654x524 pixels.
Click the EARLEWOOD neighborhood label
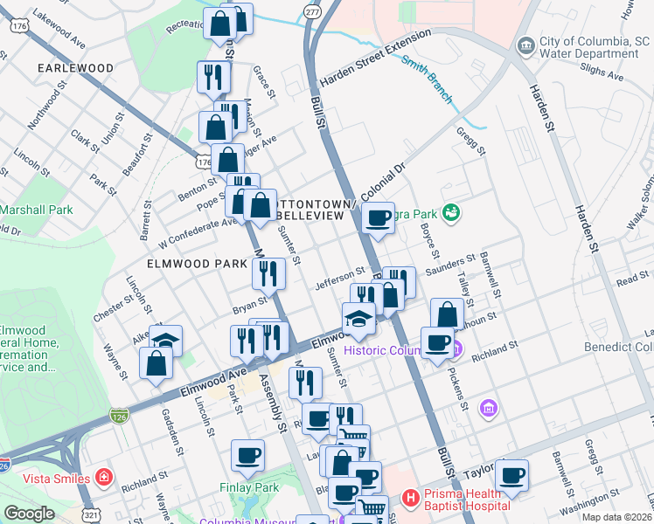point(75,68)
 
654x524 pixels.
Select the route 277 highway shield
point(312,10)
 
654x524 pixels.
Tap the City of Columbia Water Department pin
point(526,45)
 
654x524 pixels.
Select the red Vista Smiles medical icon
point(105,478)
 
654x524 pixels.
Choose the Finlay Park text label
point(248,487)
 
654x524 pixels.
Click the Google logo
point(29,513)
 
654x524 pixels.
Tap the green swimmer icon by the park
point(451,212)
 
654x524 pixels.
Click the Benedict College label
point(618,348)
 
